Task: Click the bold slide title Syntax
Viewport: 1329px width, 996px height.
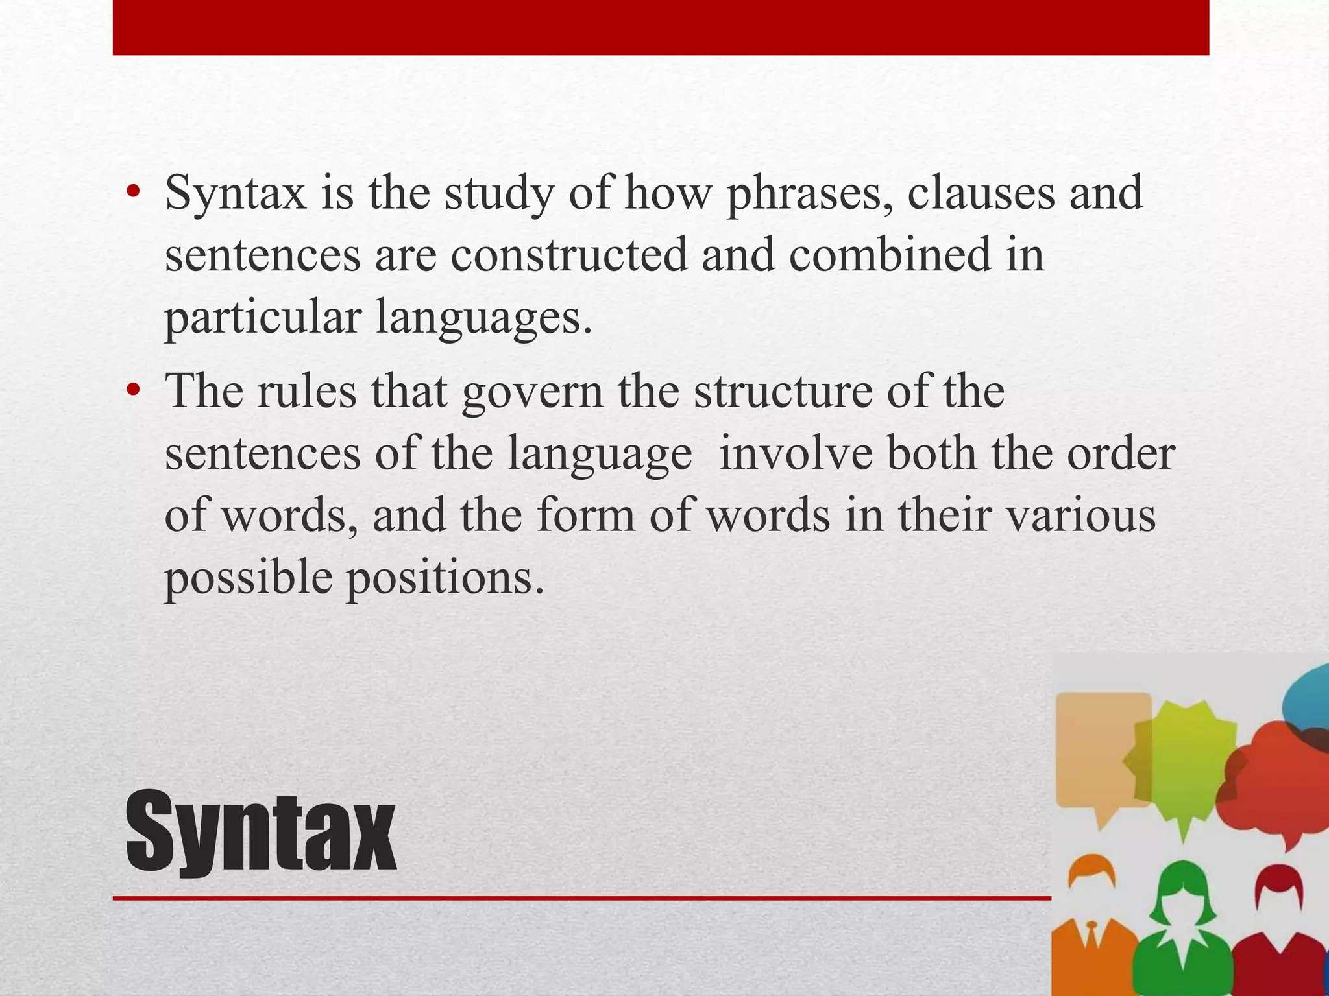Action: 261,833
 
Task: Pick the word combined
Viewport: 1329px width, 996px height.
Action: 890,255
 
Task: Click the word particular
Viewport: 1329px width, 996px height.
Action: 263,318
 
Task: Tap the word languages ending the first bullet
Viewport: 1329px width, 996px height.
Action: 483,318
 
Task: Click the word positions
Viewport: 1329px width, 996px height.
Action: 445,578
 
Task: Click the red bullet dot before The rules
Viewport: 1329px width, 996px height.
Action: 134,390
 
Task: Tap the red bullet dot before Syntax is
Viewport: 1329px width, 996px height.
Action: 134,193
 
